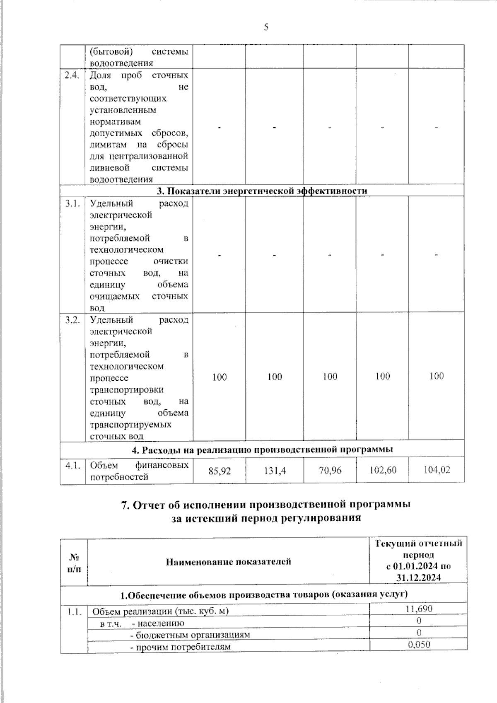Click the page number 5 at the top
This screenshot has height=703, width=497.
tap(266, 27)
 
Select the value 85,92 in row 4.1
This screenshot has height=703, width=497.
tap(220, 471)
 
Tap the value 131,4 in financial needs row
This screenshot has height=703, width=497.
tap(275, 471)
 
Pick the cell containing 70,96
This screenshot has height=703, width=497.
tap(330, 470)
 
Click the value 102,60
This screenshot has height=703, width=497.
tap(383, 470)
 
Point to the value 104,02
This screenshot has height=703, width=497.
tap(437, 470)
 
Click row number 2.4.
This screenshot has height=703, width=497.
tap(72, 76)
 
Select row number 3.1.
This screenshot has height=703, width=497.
tap(72, 204)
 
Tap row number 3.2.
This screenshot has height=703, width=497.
tap(72, 320)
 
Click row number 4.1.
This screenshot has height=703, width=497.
tap(72, 465)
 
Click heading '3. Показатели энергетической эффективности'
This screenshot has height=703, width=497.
tap(262, 191)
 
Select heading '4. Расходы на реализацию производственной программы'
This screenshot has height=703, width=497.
tap(262, 449)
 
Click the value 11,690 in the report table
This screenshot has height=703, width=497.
tap(419, 609)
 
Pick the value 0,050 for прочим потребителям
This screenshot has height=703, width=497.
tap(419, 644)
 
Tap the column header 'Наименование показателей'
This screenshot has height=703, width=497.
tap(228, 562)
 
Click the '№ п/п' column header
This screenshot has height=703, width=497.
tap(74, 563)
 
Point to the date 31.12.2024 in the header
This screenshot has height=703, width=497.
tap(418, 577)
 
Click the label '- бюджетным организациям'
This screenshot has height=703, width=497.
tap(190, 635)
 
